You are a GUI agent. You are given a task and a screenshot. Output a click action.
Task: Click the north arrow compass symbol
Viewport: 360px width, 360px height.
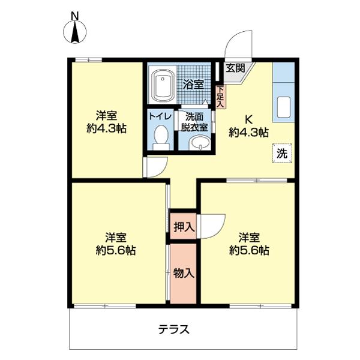75,34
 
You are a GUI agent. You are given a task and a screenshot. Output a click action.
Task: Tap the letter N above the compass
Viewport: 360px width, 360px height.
75,15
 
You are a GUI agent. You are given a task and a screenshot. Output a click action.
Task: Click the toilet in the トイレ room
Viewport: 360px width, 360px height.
160,137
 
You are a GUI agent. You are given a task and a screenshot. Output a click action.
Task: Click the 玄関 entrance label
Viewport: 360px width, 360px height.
235,68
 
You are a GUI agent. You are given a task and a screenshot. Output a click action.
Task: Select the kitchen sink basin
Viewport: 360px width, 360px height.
284,107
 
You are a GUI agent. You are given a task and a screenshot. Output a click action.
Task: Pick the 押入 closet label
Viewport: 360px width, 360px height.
183,227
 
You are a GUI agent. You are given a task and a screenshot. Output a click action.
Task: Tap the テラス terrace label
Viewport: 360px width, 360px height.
174,329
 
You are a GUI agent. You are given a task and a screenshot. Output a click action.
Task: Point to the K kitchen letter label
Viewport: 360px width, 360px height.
248,119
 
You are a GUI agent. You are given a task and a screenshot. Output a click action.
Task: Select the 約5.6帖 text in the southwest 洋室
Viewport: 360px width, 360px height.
115,250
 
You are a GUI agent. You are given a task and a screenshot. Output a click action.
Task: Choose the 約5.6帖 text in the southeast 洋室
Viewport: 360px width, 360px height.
248,250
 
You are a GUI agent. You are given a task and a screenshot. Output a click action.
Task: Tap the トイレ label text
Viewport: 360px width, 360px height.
160,116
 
